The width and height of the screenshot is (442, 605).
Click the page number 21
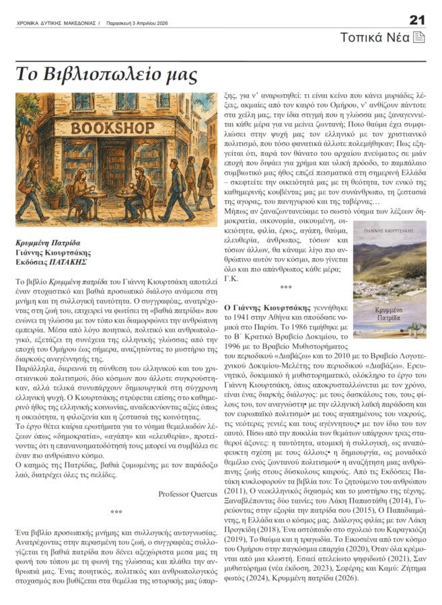click(x=417, y=19)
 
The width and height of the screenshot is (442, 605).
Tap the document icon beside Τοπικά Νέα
click(x=418, y=37)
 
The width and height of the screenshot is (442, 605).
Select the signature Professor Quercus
click(x=188, y=493)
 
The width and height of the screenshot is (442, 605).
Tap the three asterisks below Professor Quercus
click(x=116, y=512)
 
